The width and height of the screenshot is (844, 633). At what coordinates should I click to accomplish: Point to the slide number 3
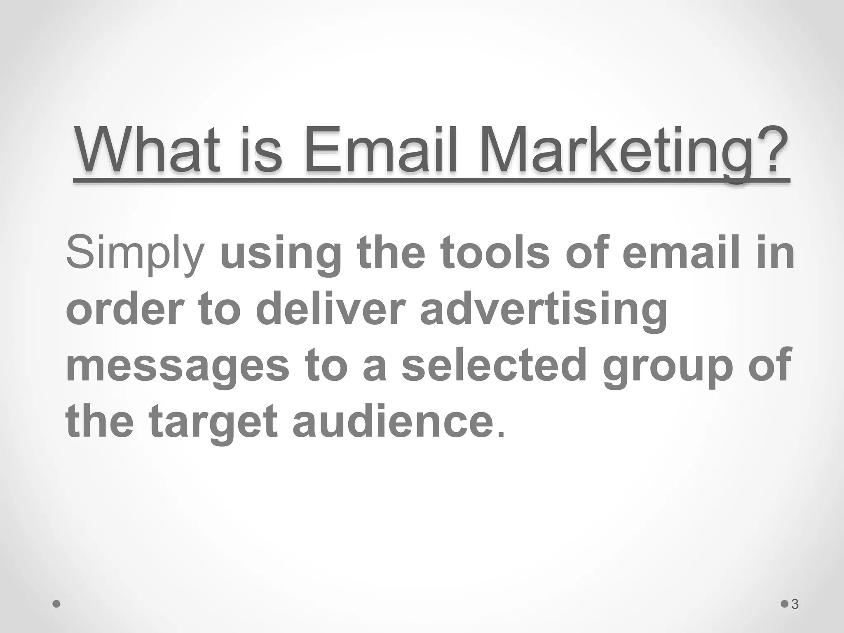click(x=795, y=605)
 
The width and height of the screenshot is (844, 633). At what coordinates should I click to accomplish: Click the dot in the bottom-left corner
click(x=57, y=604)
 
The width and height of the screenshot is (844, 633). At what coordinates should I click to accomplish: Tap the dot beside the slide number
click(x=785, y=604)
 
